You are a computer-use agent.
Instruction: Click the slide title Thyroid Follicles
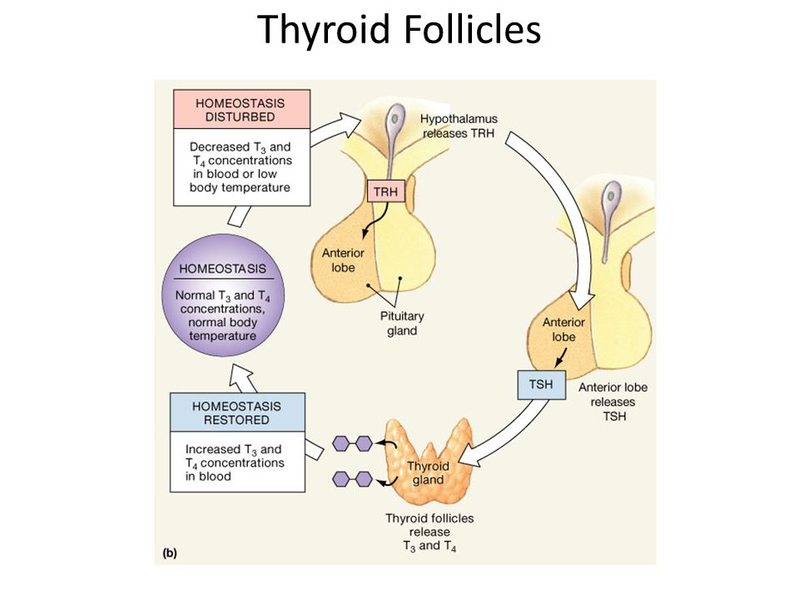click(399, 29)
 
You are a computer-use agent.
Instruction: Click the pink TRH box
click(385, 191)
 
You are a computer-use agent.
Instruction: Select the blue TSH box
click(541, 384)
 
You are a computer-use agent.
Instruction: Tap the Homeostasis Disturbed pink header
click(241, 110)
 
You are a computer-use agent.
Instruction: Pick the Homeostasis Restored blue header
click(237, 413)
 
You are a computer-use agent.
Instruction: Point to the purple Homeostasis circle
click(223, 295)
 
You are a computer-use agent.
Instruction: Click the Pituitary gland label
click(402, 324)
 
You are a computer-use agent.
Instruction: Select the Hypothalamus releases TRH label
click(459, 126)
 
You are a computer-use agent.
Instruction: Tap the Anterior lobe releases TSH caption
click(613, 402)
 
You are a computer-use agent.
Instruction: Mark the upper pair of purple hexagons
click(352, 443)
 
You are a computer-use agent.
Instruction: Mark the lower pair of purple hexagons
click(352, 479)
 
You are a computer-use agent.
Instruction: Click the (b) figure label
click(170, 553)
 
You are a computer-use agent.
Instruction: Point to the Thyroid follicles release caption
click(429, 532)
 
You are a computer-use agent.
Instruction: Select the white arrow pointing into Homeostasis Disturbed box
click(239, 216)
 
